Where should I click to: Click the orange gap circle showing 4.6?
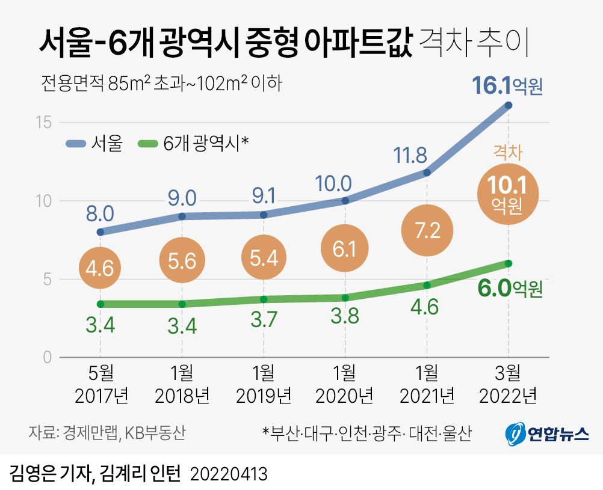point(100,268)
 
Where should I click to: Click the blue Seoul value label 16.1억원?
point(507,86)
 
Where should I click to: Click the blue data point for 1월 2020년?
point(345,201)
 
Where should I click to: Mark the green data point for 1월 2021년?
point(427,285)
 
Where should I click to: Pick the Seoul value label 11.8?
point(410,156)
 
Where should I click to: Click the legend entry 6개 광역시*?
point(193,143)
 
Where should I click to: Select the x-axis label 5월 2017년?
point(100,385)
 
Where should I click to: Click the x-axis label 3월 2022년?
point(509,385)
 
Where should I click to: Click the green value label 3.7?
point(263,319)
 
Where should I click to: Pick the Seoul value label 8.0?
point(100,213)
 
